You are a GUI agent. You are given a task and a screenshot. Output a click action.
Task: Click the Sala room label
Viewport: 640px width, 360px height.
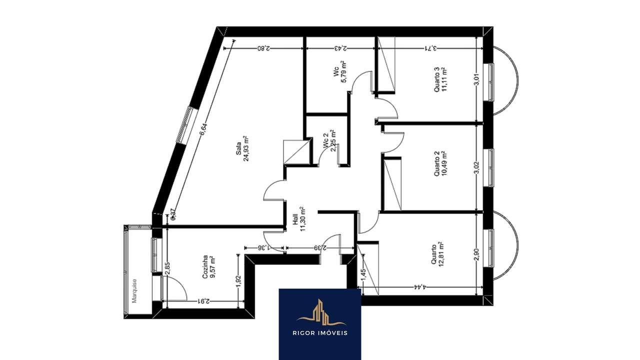point(239,148)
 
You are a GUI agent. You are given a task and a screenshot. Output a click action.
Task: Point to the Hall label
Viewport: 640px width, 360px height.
point(295,220)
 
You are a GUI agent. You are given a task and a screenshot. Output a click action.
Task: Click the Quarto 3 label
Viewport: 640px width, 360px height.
point(436,80)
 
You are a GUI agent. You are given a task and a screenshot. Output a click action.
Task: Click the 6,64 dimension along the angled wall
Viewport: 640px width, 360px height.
point(203,129)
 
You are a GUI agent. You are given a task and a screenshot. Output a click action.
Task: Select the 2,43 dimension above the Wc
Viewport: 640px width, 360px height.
point(340,48)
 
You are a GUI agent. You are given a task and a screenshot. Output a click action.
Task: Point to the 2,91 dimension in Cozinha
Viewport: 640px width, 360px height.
point(203,301)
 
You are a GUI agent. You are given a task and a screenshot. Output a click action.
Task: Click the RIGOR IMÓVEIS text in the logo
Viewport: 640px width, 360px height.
point(320,333)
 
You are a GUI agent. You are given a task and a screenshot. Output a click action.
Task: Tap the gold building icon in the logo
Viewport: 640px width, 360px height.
point(319,312)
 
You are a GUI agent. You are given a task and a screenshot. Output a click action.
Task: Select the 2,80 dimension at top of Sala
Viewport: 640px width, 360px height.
point(263,48)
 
